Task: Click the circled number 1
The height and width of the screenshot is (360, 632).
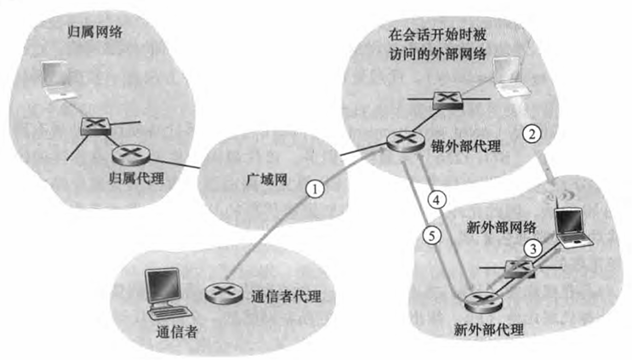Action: (x=316, y=190)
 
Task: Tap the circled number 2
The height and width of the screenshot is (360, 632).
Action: (x=531, y=133)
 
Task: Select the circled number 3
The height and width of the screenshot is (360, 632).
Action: (x=531, y=249)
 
